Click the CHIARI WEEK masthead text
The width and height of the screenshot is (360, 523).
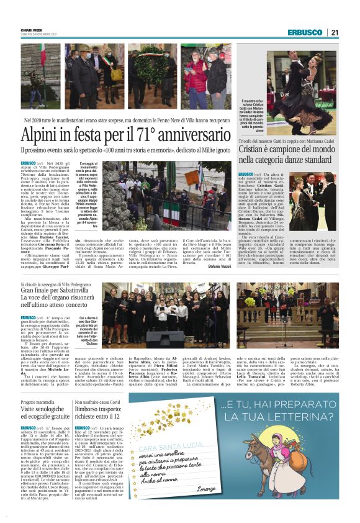click(x=31, y=29)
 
